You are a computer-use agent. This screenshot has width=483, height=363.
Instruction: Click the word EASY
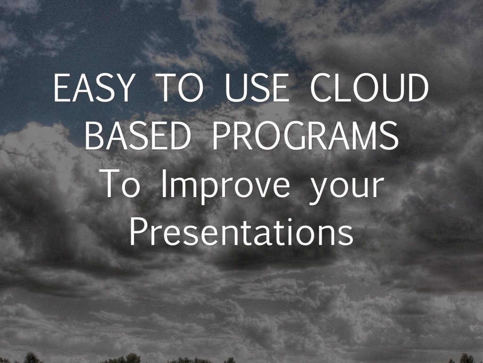94,87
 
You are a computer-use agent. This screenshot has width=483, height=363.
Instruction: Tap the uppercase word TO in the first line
179,87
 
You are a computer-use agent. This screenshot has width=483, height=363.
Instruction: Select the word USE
257,87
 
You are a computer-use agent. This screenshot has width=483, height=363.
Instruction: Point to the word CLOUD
369,87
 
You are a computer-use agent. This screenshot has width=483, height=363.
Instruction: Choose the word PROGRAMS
306,136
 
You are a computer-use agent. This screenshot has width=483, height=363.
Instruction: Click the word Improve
225,186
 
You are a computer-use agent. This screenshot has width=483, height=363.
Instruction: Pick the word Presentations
241,232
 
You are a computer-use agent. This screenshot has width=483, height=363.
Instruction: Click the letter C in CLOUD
322,87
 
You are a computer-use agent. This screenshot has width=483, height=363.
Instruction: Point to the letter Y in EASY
124,87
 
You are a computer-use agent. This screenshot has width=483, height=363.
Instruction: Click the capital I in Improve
164,184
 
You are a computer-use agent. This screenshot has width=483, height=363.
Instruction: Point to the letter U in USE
236,88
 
